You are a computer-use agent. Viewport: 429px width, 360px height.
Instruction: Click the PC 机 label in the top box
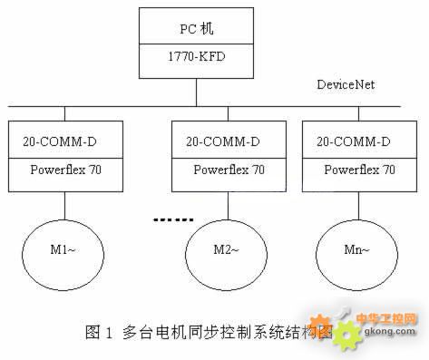197,29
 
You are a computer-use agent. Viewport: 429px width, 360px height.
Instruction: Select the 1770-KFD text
197,56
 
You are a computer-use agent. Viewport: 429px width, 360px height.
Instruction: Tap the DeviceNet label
346,84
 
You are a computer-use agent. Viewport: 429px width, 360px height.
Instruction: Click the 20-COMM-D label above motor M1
60,141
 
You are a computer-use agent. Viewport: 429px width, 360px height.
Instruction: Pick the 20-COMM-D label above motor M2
223,141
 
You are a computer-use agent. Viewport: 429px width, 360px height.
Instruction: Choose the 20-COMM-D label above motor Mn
354,141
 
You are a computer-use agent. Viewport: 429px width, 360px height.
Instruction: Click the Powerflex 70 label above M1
65,170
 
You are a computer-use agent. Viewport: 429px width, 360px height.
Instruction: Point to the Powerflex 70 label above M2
229,170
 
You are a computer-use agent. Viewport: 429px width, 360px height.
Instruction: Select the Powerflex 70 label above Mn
359,170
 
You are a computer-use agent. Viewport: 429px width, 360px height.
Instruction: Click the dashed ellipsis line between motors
173,220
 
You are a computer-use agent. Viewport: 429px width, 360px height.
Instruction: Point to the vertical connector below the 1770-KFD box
197,92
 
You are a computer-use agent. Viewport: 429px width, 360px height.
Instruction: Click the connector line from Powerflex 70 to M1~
64,206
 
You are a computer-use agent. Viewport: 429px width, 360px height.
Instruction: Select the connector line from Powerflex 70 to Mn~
359,206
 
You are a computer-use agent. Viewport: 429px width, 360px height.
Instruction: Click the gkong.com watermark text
390,331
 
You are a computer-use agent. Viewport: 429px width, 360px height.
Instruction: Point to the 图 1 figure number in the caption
99,332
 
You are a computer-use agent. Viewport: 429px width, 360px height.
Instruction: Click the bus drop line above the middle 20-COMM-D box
228,114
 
